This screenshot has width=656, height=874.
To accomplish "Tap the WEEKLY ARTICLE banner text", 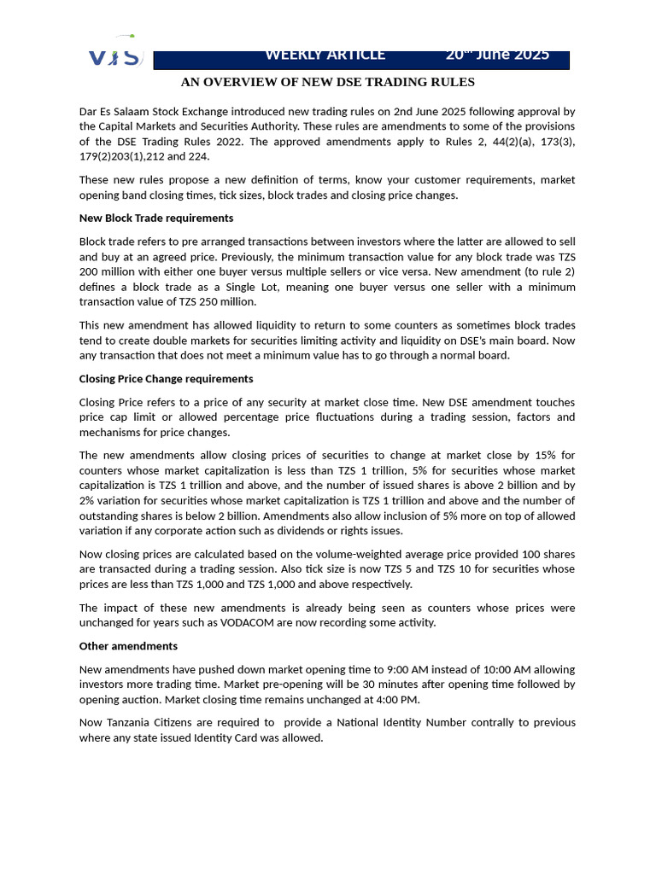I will click(325, 55).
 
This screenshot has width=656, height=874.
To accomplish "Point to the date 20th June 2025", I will click(496, 55).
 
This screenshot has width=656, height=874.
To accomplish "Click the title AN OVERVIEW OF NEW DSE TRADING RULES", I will click(327, 82).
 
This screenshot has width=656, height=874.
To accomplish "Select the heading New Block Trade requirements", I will click(156, 218).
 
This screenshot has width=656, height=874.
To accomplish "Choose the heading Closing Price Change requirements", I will click(166, 379).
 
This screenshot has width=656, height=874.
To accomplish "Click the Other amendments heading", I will click(128, 646).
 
